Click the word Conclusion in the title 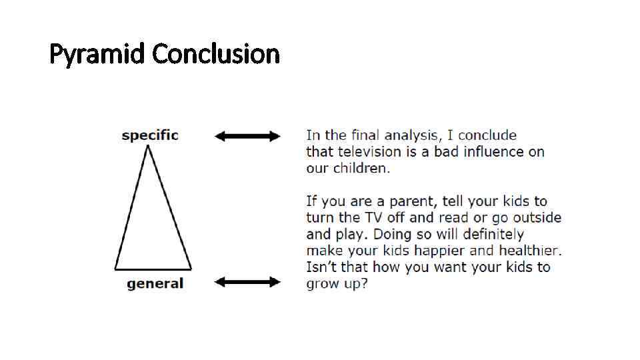[x=216, y=53]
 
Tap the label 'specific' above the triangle [x=150, y=135]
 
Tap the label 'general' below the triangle [x=155, y=284]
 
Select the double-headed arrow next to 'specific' [x=247, y=136]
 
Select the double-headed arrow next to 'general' [x=247, y=282]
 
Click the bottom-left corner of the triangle [x=115, y=269]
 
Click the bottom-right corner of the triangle [x=192, y=269]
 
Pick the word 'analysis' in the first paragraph [x=407, y=135]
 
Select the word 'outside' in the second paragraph [x=537, y=218]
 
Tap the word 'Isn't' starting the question [x=321, y=267]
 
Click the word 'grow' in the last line [x=322, y=284]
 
